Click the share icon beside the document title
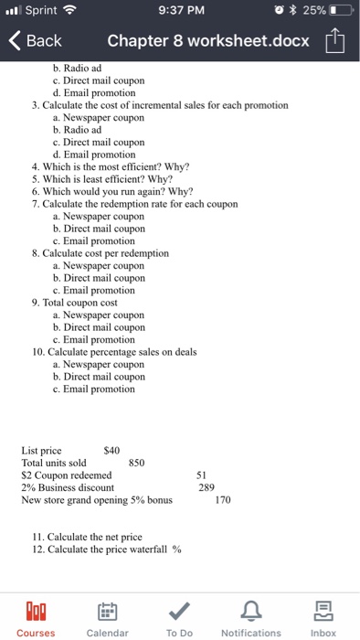click(339, 40)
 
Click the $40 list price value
click(112, 450)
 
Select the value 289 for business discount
click(206, 488)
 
